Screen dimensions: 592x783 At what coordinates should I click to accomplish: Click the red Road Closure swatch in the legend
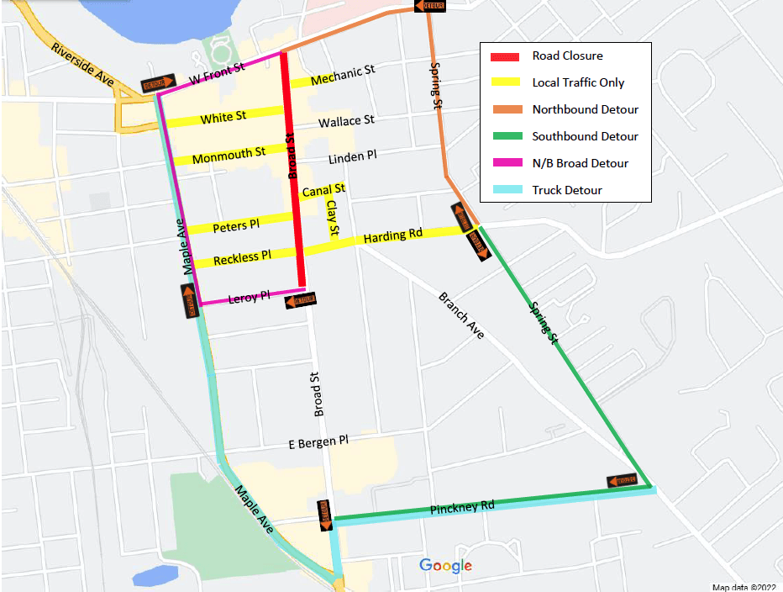(x=507, y=56)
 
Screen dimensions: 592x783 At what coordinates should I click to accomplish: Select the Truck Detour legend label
(x=567, y=190)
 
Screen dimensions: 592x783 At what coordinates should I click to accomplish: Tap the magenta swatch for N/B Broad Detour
(x=507, y=163)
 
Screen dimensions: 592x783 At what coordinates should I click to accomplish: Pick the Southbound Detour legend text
(x=585, y=136)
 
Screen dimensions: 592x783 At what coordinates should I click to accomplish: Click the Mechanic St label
(x=343, y=76)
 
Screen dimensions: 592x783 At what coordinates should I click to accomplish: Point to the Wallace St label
(x=346, y=122)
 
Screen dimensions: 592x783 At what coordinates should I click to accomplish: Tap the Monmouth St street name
(x=229, y=156)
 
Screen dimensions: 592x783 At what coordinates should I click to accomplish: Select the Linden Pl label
(x=352, y=157)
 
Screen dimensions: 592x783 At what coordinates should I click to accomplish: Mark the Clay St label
(x=333, y=218)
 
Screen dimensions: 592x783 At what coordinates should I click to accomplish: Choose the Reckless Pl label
(x=242, y=257)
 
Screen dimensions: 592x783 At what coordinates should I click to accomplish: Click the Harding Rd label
(x=392, y=237)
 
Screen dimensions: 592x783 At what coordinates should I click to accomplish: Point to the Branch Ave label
(x=461, y=315)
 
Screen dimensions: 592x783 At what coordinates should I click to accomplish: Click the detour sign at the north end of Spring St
(x=428, y=6)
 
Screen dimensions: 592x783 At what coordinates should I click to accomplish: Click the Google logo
(x=445, y=566)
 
